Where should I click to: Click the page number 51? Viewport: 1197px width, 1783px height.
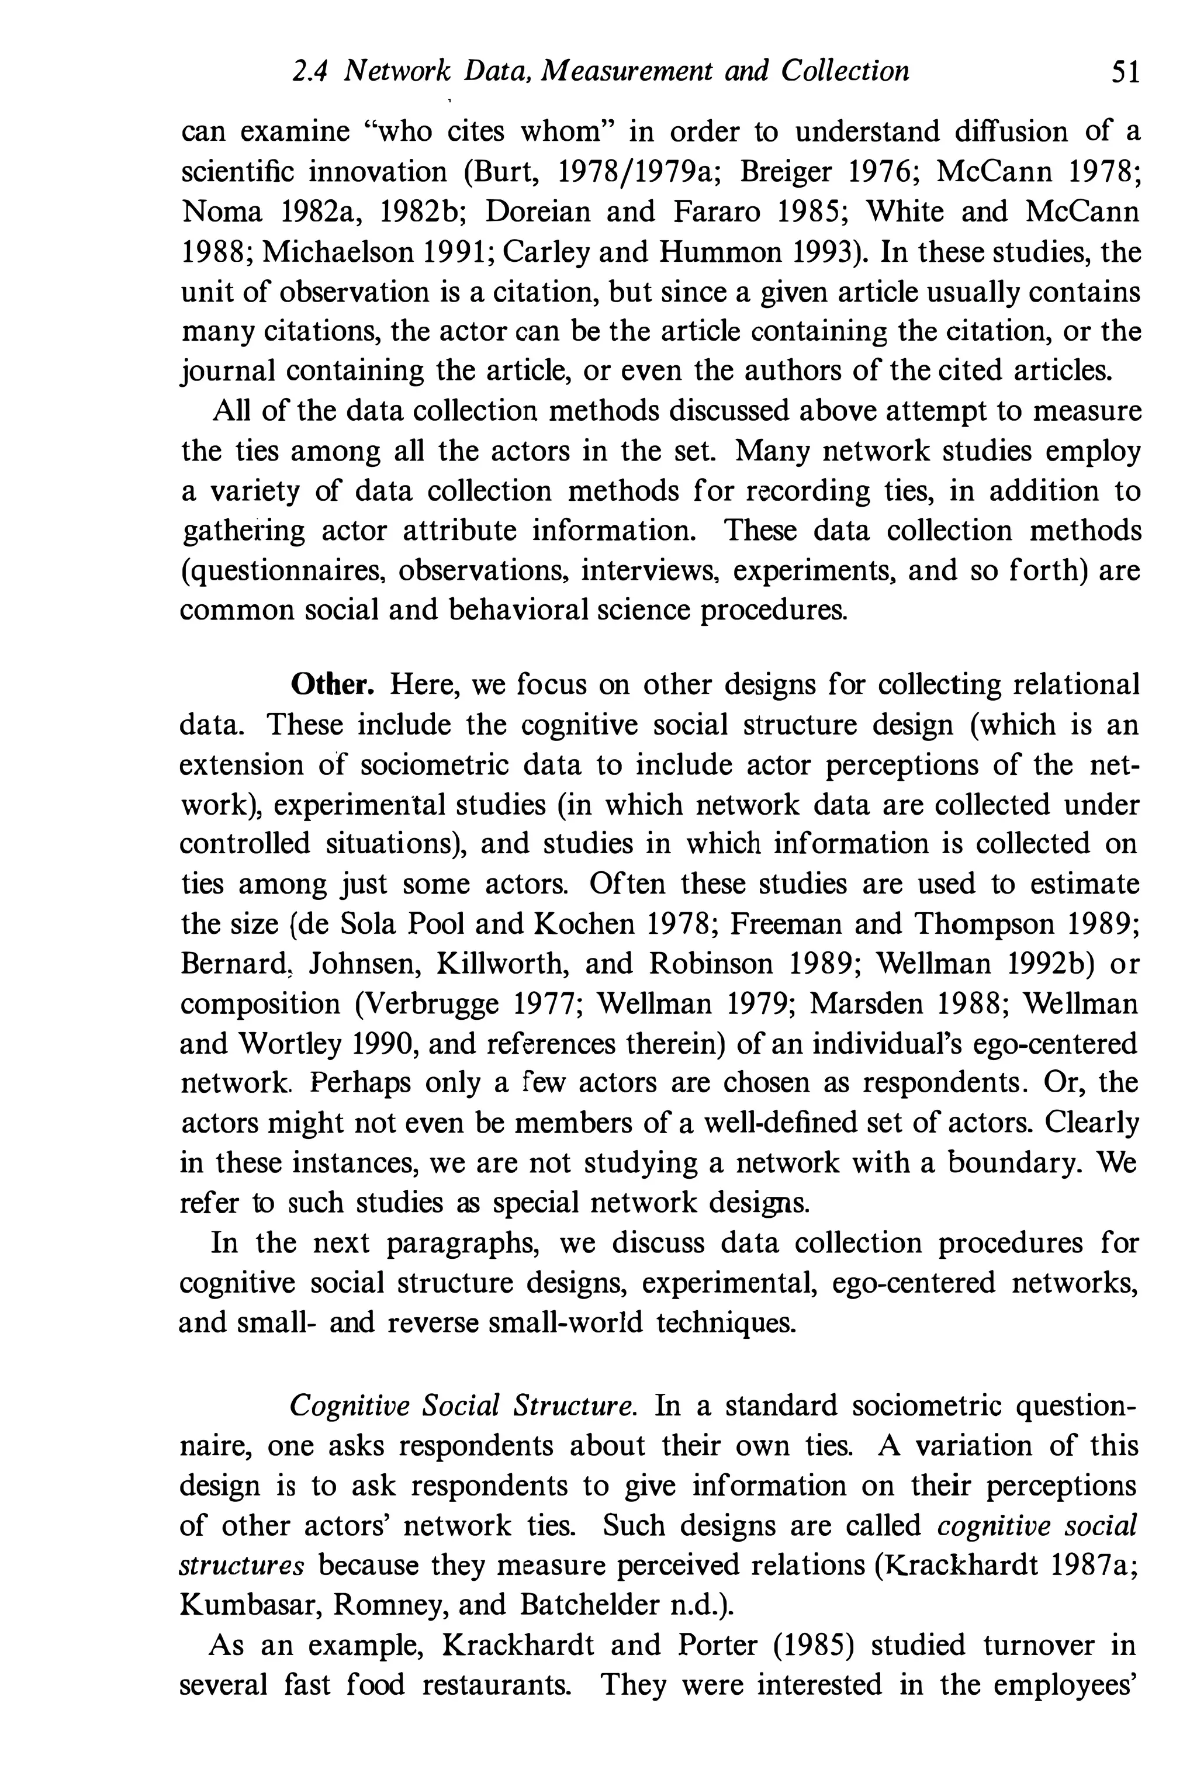[x=1125, y=72]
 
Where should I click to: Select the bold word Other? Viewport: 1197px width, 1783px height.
[x=333, y=685]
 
